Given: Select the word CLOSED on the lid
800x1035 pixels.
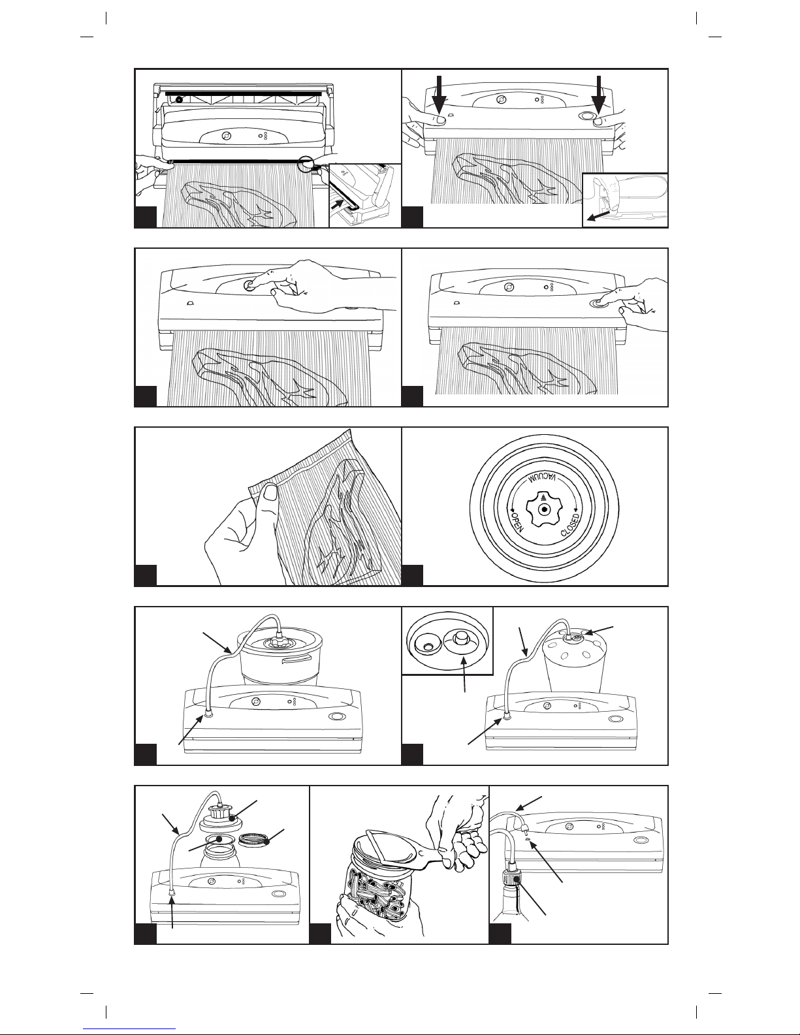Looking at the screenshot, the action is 570,524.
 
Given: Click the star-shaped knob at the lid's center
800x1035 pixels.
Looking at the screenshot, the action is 543,508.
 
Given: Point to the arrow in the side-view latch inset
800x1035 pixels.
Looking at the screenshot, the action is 598,215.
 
